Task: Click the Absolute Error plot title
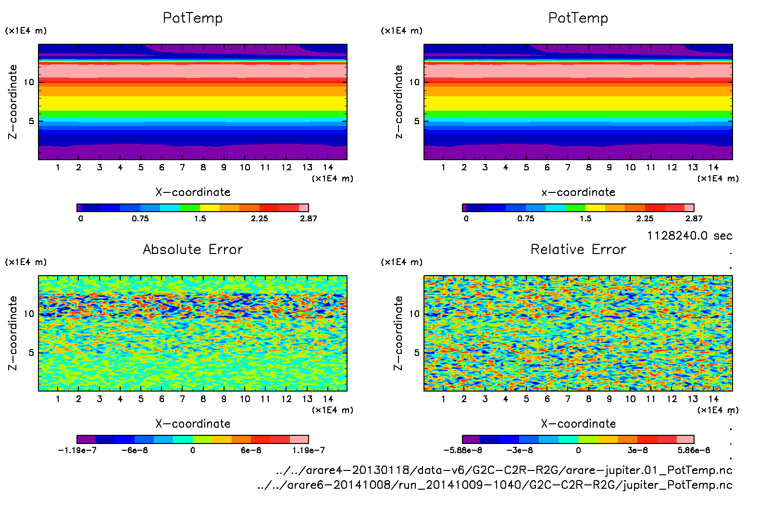[193, 249]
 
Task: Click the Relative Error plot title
[578, 249]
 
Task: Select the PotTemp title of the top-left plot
[193, 18]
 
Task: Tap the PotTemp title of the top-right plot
[578, 18]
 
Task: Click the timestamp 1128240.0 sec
[689, 236]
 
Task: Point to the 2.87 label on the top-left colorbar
[309, 218]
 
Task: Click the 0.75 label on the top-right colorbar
[526, 218]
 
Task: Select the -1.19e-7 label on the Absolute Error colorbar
[77, 450]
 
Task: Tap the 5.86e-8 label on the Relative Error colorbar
[694, 450]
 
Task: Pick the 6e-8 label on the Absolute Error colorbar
[251, 450]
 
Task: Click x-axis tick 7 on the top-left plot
[182, 167]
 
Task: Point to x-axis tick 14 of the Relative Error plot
[713, 399]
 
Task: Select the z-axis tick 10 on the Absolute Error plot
[29, 314]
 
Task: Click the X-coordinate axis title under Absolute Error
[193, 424]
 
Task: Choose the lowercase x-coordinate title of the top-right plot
[578, 192]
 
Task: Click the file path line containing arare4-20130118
[504, 470]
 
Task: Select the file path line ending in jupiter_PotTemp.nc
[495, 485]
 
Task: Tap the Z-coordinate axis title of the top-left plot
[13, 102]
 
